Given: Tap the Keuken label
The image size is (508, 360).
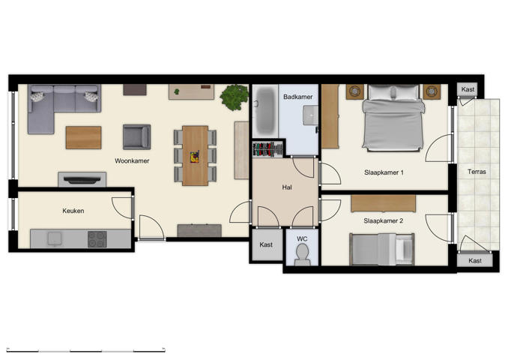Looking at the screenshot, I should coord(73,211).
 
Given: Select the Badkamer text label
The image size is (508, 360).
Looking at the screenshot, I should coord(297,97).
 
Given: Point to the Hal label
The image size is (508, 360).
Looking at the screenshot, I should coord(286,187).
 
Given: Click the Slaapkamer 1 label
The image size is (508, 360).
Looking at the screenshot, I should coord(384,172).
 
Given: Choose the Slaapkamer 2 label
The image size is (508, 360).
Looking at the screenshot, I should coord(384,220).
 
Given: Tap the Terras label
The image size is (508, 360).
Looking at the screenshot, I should coord(477,172).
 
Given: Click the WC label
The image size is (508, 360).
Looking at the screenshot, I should coord(302,238).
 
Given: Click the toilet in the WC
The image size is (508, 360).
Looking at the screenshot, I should coord(302,255).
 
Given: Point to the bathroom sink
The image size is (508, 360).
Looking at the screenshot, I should coord(309,115).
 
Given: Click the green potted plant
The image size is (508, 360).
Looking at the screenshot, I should coord(235,97).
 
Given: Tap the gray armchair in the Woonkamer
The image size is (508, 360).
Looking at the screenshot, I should coord(136,136).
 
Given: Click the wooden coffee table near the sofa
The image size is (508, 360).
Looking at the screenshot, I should coord(83,137).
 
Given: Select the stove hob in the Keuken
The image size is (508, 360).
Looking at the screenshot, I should coord(97,239).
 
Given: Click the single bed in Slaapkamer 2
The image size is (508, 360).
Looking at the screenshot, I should coord(382,248).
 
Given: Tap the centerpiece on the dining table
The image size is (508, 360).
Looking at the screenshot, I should coord(195,157).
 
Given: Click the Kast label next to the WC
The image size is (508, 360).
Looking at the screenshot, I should coord(266,244).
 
